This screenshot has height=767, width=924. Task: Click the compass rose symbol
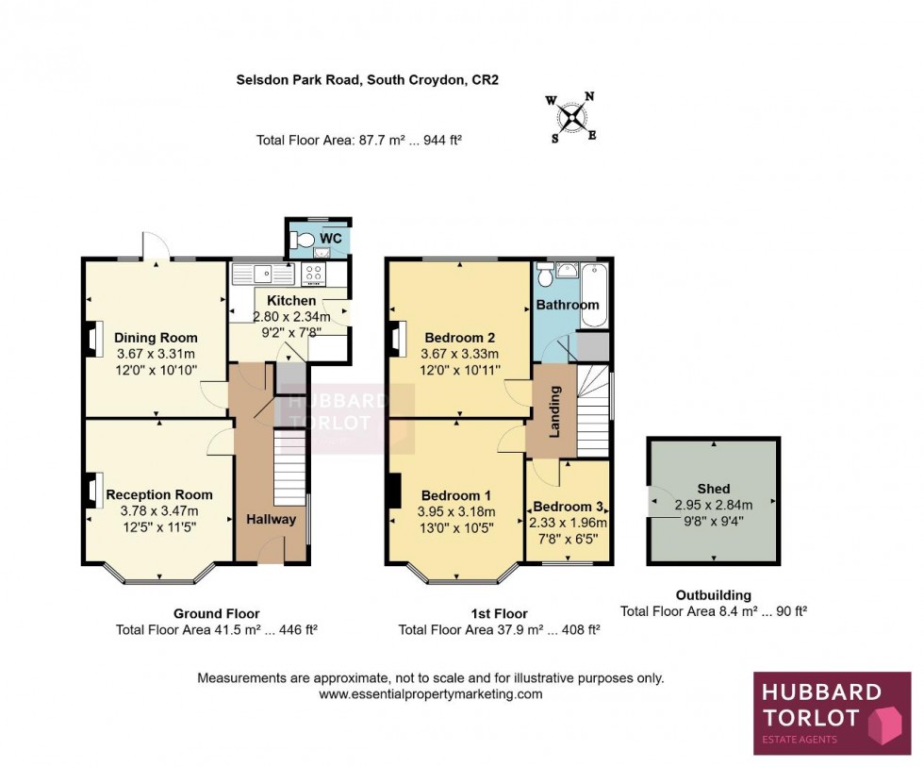pos(571,117)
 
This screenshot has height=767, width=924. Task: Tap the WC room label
pos(329,238)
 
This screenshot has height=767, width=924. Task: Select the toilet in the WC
pos(301,241)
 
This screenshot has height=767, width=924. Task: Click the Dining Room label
pos(156,338)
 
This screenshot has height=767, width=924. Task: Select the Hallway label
pos(272,519)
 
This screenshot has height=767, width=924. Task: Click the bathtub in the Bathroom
pos(594,295)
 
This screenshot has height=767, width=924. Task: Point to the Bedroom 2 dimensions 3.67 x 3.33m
pos(461,354)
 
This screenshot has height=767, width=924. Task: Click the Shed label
pos(714,488)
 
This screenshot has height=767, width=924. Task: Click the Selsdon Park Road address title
pos(367,80)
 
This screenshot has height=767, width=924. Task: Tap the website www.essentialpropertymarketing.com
pos(431,693)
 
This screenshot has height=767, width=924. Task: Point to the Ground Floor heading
pos(217,613)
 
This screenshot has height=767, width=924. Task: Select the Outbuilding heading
pos(714,595)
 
